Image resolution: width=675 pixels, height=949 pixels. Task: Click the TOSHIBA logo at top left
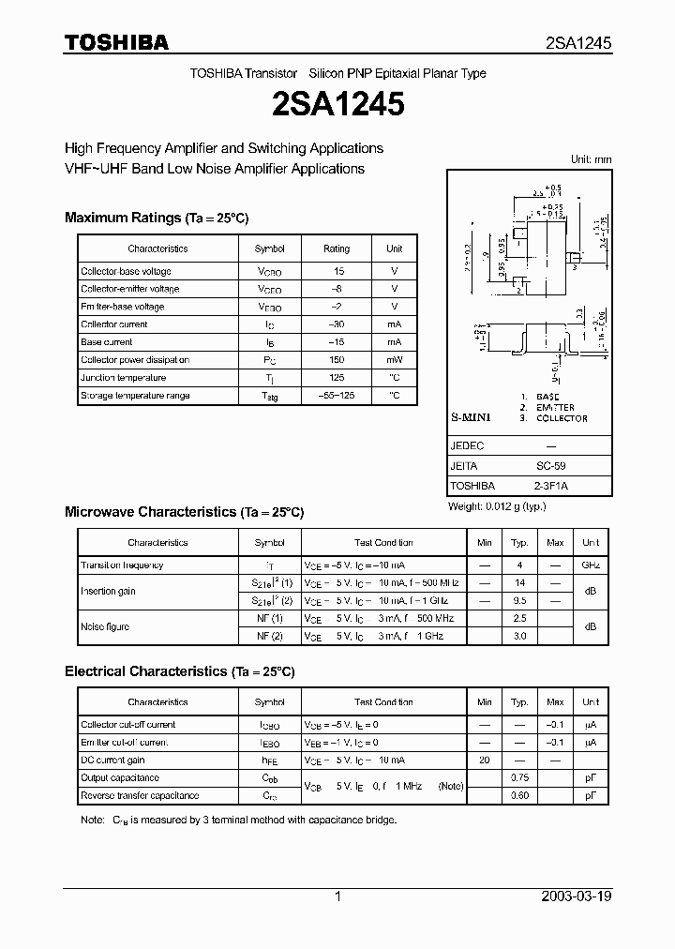coord(116,42)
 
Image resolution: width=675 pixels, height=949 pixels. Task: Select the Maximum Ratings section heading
coord(157,218)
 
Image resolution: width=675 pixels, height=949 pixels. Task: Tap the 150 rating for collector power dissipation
coord(337,360)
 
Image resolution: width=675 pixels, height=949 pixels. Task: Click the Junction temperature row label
coord(124,378)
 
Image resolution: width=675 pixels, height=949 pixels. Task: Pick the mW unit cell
coord(394,360)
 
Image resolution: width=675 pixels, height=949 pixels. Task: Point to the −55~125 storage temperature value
coord(337,396)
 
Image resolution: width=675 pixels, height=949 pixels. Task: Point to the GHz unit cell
coord(591,565)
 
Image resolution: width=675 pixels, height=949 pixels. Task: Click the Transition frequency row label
coord(123,565)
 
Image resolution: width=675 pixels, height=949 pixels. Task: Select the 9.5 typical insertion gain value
coord(519,600)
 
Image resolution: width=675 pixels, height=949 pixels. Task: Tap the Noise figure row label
coord(105,626)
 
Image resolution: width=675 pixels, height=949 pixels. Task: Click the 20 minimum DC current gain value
coord(484,761)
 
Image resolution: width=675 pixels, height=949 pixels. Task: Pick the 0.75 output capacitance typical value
coord(519,778)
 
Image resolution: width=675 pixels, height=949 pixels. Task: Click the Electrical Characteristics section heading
coord(179,671)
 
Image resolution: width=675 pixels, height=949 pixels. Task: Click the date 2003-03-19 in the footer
coord(577,896)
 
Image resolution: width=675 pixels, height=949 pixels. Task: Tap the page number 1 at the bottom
coord(337,896)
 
